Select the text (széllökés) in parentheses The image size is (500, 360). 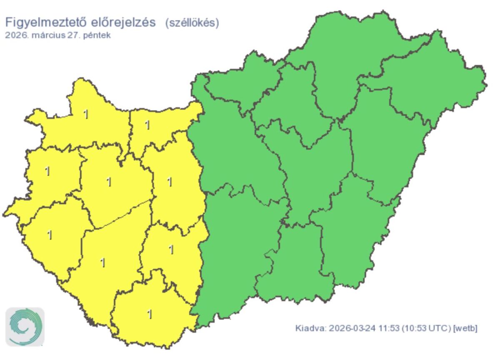click(192, 22)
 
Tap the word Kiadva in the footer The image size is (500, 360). click(310, 328)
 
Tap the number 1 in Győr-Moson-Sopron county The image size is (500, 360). click(86, 114)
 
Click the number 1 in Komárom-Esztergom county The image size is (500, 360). click(147, 125)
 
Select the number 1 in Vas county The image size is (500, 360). click(47, 171)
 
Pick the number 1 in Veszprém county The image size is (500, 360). click(109, 182)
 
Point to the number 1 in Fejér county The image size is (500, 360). click(169, 182)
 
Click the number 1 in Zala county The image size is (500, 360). click(50, 235)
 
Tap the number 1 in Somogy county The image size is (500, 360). click(102, 262)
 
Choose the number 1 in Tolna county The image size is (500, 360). click(171, 250)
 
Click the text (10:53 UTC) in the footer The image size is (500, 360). click(426, 328)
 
